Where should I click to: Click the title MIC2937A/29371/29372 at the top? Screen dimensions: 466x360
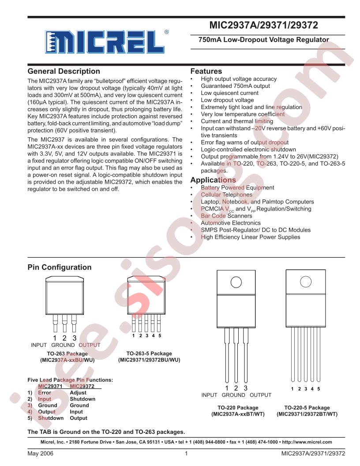264,26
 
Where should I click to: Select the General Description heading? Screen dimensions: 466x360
64,71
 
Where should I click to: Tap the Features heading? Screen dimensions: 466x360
206,71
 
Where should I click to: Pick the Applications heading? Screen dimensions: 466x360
213,180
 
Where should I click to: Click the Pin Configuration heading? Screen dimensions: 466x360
60,267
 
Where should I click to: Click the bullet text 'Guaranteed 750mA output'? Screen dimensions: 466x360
235,86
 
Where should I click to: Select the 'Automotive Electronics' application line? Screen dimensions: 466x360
231,223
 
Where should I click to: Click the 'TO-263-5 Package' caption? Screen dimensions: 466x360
149,353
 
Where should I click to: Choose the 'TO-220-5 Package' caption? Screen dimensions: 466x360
307,408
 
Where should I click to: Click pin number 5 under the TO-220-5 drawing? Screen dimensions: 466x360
319,389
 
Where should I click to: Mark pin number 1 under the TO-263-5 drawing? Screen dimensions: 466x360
133,336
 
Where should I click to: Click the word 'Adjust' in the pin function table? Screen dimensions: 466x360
78,392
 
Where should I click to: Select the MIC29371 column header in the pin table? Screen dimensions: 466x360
50,386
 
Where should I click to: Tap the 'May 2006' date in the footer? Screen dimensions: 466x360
39,453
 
